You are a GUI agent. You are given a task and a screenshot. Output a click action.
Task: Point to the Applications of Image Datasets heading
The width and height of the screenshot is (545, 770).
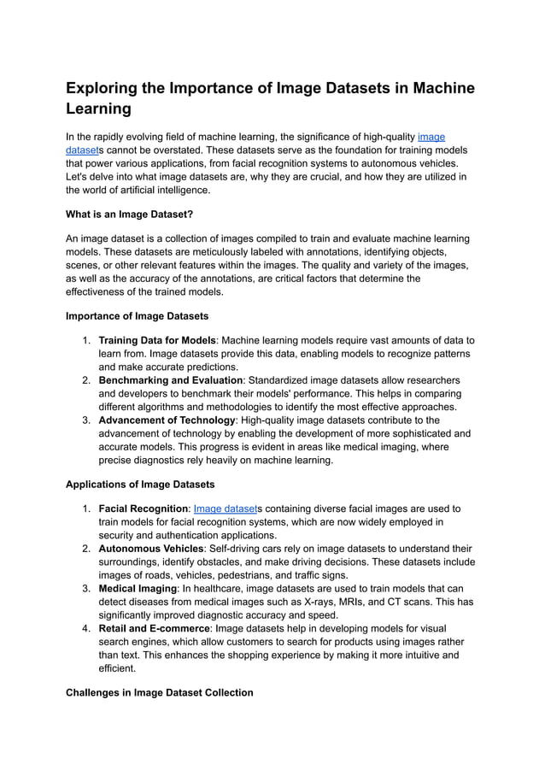coord(140,485)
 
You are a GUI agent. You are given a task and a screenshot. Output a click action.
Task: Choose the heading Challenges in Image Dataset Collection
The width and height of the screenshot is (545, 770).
coord(160,692)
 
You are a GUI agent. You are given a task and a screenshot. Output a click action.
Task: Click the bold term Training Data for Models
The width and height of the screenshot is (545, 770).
coord(157,340)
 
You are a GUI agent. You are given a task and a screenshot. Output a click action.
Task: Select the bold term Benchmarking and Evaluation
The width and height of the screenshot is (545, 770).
coord(171,379)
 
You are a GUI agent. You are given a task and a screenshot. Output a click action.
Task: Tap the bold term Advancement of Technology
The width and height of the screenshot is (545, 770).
coord(167,420)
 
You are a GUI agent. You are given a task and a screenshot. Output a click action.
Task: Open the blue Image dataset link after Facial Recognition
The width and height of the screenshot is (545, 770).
coord(226,508)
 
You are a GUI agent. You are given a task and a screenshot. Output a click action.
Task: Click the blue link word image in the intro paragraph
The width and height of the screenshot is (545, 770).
coord(431,137)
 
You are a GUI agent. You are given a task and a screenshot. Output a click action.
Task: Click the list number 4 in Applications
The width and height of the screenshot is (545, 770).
coord(86,629)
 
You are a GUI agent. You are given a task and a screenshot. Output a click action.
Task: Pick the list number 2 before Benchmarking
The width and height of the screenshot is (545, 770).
coord(86,379)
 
